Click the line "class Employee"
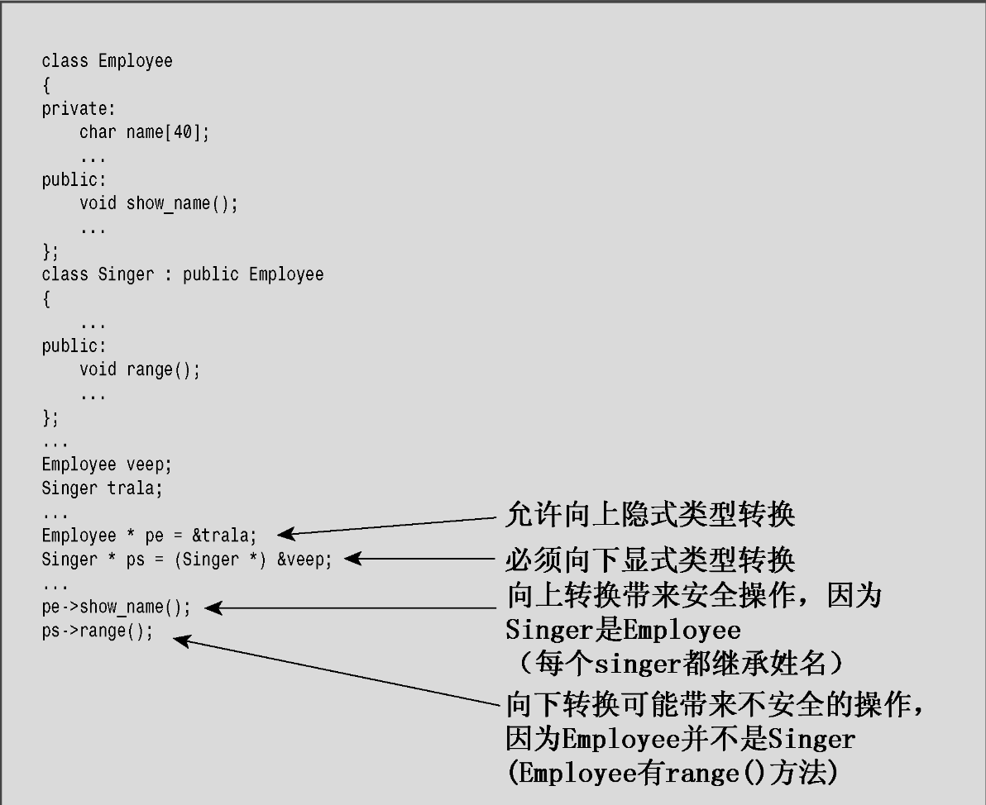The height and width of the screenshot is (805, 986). click(108, 61)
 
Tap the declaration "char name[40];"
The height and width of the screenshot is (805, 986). click(145, 132)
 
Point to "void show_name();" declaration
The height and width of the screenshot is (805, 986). click(159, 203)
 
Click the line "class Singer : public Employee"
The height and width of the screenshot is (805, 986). click(183, 274)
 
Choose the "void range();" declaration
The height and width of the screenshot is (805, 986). click(140, 369)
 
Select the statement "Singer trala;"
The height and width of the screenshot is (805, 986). click(103, 488)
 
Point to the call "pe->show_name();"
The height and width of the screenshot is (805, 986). click(116, 607)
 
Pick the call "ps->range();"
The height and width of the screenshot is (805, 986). click(98, 631)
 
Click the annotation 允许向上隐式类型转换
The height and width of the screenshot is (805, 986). click(649, 515)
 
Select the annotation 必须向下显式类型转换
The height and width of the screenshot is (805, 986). click(649, 560)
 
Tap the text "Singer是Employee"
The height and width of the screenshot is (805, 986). click(623, 631)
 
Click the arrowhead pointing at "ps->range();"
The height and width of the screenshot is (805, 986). click(182, 640)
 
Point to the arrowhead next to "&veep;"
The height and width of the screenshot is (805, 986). click(352, 560)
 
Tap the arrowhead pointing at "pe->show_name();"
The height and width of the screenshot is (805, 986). click(213, 608)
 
